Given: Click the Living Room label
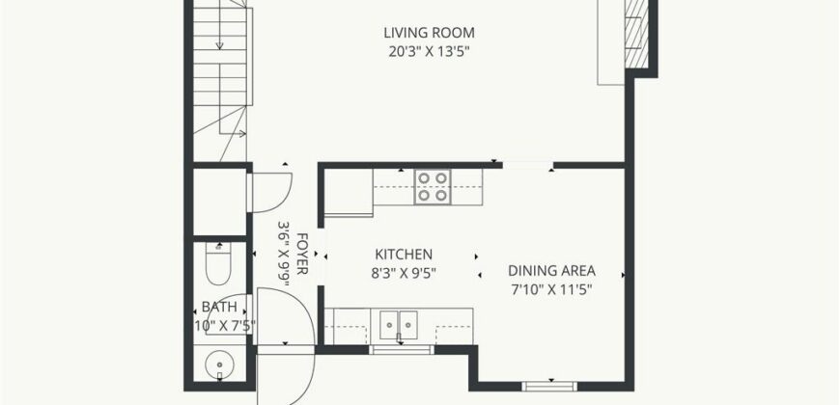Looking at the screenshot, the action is point(429,33).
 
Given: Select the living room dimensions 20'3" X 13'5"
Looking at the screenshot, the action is point(429,52).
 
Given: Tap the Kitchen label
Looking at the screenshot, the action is point(404,255).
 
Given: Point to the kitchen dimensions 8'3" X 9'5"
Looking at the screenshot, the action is point(404,273).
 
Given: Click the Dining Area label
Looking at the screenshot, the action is point(551,271).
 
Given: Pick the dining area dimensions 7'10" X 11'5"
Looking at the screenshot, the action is point(551,290).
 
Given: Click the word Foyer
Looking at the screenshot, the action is point(301,254).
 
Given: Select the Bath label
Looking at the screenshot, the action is point(219,307).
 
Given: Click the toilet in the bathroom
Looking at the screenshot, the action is point(218,264).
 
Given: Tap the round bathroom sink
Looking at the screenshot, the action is point(219,365).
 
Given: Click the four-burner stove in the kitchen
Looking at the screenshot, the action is point(433,187).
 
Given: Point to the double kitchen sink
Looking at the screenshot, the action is point(399,325).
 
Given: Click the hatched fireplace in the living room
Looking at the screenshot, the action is point(637,35).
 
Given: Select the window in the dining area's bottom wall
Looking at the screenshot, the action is point(549,387).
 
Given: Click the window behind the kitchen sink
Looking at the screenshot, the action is point(402,350).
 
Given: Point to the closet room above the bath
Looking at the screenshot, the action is point(219,202).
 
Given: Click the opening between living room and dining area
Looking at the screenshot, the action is point(528,165).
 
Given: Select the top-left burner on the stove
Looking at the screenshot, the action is point(424,178).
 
